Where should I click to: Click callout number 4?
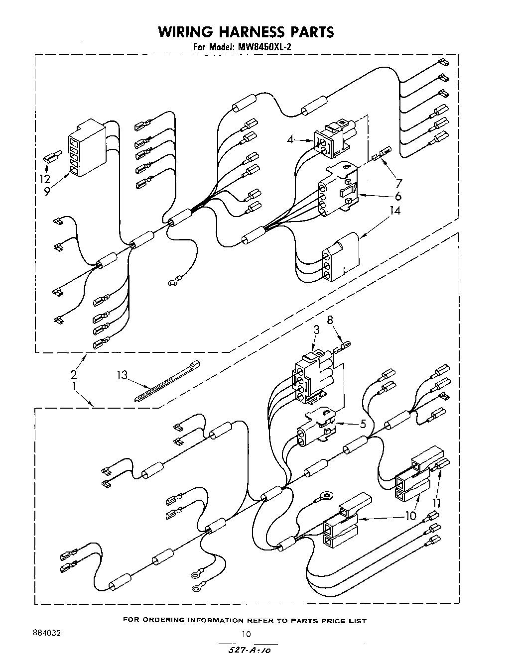[x=290, y=140]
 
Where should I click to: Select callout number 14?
[x=395, y=211]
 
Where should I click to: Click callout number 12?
[x=45, y=179]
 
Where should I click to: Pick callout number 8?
[x=330, y=320]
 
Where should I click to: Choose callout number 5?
[x=363, y=424]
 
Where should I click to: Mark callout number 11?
[x=437, y=502]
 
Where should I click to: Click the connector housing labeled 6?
[x=339, y=189]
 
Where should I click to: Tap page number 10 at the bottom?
[x=246, y=634]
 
